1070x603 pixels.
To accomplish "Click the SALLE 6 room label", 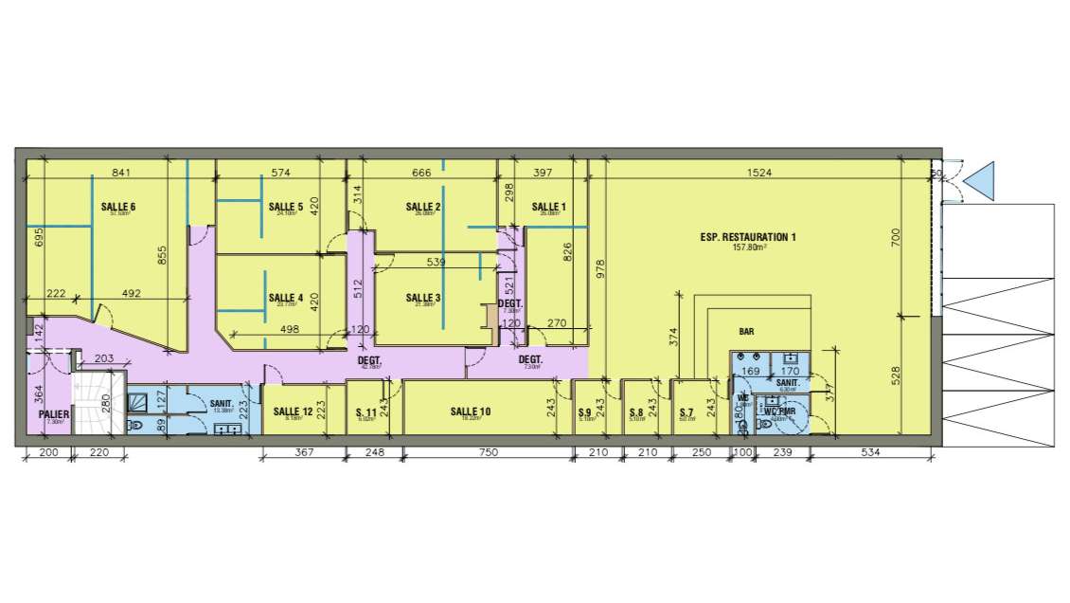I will [x=118, y=207].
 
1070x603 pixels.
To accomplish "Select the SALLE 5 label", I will [x=285, y=207].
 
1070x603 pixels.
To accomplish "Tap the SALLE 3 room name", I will [x=423, y=298].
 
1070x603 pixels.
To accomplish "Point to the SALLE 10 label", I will [x=470, y=411].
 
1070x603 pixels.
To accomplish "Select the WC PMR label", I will [x=781, y=412].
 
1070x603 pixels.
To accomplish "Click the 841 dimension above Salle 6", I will [x=120, y=174].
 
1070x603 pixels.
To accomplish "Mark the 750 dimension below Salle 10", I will [x=488, y=454].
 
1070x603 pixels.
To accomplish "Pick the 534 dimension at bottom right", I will [x=871, y=454].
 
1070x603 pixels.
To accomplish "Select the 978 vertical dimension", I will [x=599, y=269].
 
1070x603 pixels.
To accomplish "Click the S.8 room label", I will [x=636, y=412].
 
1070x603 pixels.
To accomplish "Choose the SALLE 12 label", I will [x=293, y=411].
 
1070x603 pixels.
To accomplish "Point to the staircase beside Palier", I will [x=100, y=404].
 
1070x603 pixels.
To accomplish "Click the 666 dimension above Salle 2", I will [x=421, y=174].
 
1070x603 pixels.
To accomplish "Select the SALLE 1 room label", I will [x=548, y=207].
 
